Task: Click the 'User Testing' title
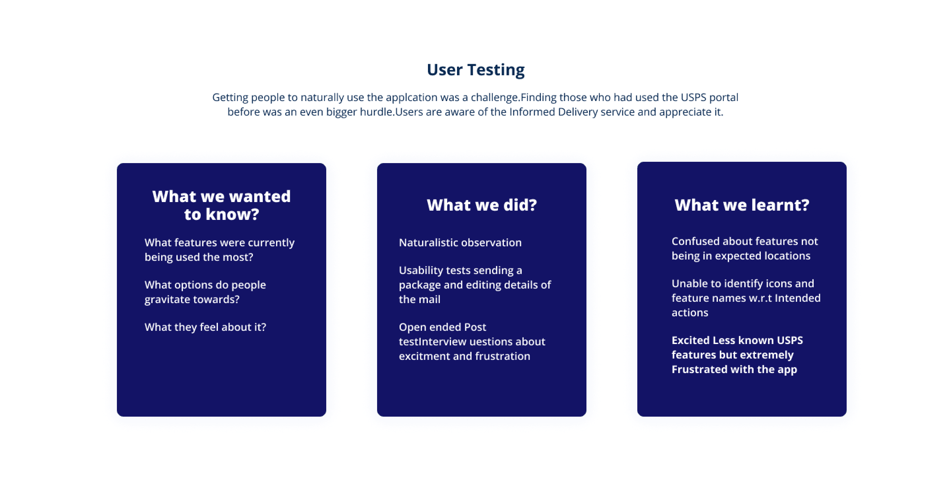point(475,70)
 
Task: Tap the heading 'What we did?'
point(481,205)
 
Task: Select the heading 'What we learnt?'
point(742,205)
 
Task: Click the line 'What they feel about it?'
point(205,327)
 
